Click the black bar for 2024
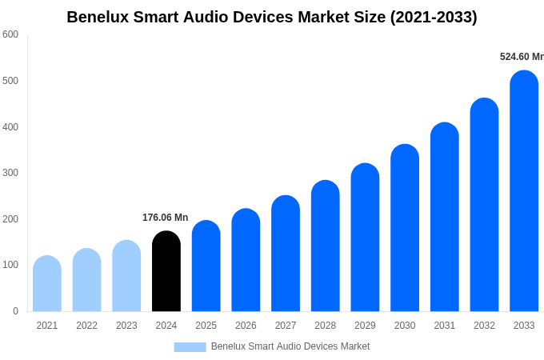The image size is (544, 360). click(166, 271)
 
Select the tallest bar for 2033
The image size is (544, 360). click(524, 191)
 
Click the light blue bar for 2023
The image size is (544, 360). click(126, 276)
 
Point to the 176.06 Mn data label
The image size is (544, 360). click(165, 218)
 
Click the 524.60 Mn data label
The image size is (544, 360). click(521, 57)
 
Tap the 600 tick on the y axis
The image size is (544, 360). click(10, 34)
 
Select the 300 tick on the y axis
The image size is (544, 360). click(10, 173)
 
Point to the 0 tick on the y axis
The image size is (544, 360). click(15, 311)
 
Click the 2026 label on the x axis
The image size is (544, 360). click(246, 326)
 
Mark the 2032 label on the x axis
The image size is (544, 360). click(484, 326)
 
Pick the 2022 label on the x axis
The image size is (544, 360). click(86, 326)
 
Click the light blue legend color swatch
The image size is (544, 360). click(190, 347)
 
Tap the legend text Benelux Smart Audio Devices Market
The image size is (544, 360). click(290, 346)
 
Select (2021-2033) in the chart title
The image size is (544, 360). click(433, 17)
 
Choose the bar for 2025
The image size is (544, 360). click(206, 266)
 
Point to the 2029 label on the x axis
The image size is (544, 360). click(365, 326)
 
